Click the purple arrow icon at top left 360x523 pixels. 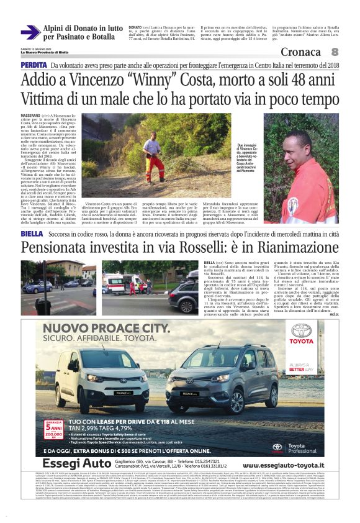click(x=30, y=32)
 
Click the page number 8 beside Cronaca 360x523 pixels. click(x=335, y=52)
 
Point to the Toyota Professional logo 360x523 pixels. click(x=297, y=445)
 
